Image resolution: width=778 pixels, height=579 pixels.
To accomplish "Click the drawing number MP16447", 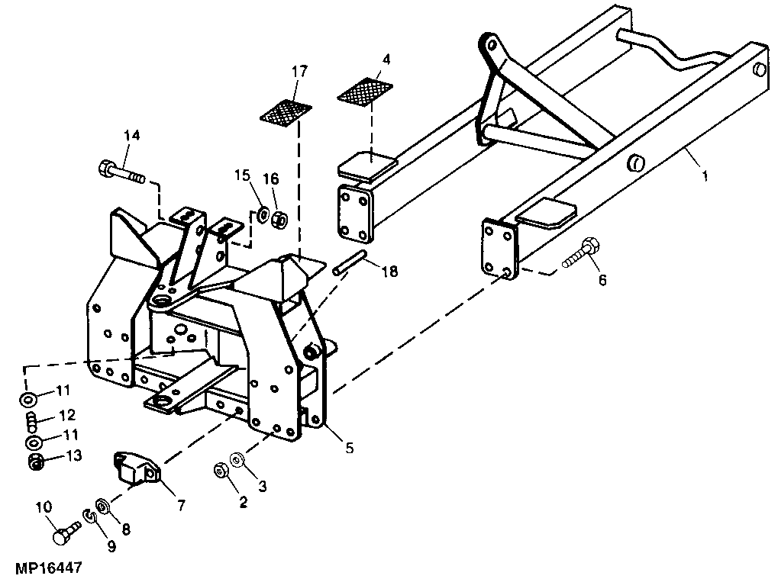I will (x=47, y=568).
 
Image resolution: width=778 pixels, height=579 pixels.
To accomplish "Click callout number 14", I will (x=132, y=136).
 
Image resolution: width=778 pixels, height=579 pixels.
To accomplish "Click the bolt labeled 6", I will (x=582, y=254).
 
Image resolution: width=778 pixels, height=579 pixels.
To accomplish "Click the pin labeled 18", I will (x=351, y=262).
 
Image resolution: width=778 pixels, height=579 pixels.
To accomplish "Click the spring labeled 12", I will (x=31, y=419).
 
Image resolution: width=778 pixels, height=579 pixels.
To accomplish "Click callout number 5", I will (x=349, y=449).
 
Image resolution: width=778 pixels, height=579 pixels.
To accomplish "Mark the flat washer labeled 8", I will (x=102, y=504).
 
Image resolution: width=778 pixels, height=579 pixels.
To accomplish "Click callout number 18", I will (x=389, y=271).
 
